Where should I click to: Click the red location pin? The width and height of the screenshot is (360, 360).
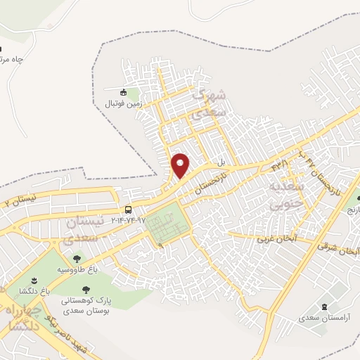point(181,165)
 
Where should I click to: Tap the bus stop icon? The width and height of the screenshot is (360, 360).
point(128,210)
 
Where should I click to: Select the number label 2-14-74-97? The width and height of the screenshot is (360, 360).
point(129,221)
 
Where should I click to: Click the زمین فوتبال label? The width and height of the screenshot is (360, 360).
point(124,103)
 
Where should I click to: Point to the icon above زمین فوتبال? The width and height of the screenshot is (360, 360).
point(124,93)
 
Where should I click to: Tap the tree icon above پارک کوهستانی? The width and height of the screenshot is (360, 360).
point(86,289)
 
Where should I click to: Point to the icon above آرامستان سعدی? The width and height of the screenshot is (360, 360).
point(324,307)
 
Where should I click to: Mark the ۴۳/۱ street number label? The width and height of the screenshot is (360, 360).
point(281,165)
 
